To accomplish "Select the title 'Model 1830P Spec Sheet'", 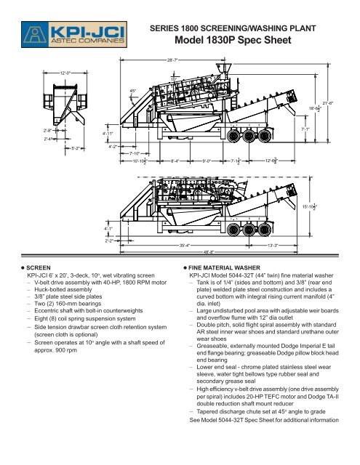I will click(x=237, y=41).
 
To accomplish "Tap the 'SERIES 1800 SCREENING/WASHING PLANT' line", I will click(x=237, y=28).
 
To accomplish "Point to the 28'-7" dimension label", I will click(x=173, y=62).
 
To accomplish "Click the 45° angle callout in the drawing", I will click(x=132, y=91).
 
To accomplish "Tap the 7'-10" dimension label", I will click(x=135, y=153).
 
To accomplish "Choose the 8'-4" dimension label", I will click(x=175, y=161).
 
